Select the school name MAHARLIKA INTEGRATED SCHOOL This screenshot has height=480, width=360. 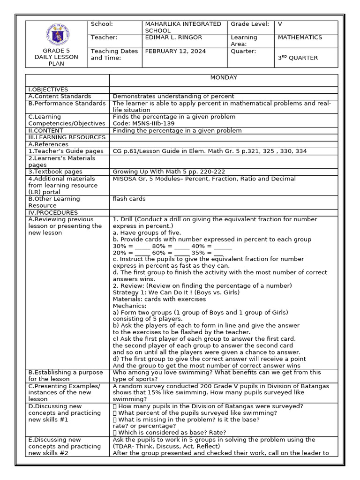[183, 27]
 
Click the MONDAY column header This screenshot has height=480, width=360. [224, 78]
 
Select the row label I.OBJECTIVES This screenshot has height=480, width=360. [48, 90]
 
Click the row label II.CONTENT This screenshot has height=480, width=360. [47, 130]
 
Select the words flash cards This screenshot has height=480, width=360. [129, 199]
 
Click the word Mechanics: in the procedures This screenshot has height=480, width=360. [130, 306]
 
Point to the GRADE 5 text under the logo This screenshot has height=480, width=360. [56, 51]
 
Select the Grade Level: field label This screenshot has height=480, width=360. [250, 24]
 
